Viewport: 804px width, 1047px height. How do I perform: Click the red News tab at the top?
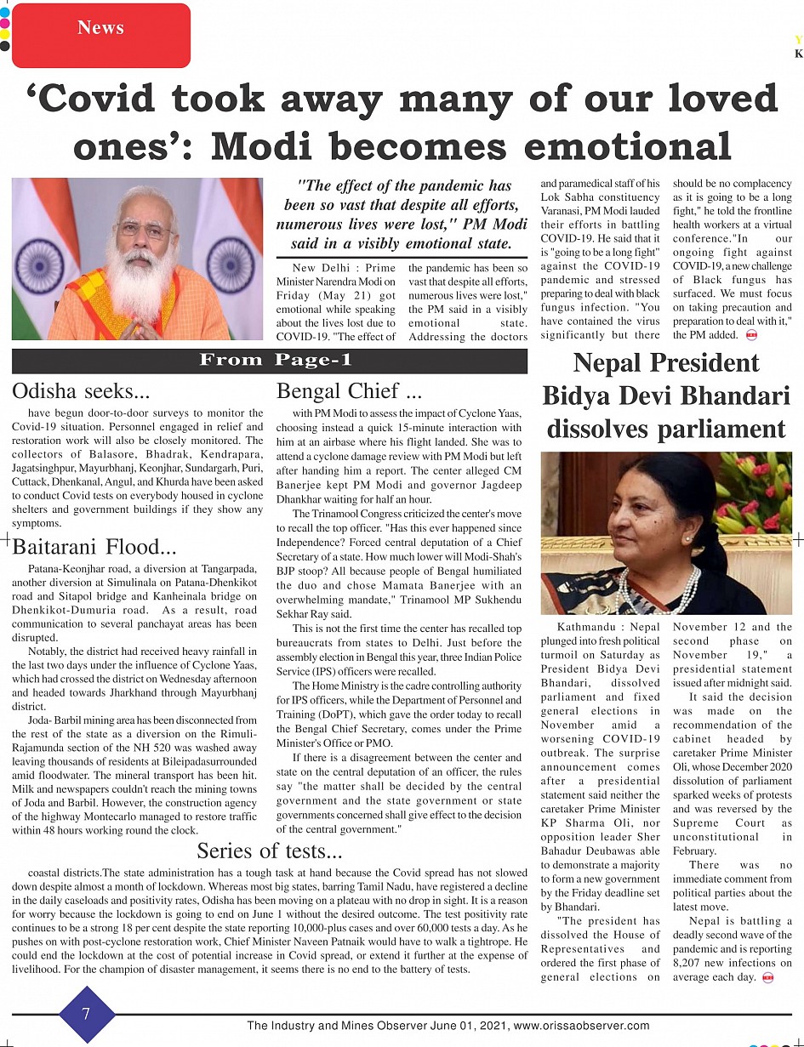tap(100, 28)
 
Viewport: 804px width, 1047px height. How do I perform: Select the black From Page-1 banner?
tap(270, 361)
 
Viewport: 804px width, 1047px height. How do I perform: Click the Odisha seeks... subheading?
tap(81, 391)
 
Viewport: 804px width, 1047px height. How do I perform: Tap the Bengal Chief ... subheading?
tap(350, 391)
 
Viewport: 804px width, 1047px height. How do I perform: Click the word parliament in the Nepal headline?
tap(666, 428)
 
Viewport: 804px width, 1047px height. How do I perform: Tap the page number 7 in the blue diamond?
tap(86, 1014)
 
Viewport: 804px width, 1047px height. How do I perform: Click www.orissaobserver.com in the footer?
tap(583, 1026)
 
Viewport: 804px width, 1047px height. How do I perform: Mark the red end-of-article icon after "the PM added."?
tap(751, 335)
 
